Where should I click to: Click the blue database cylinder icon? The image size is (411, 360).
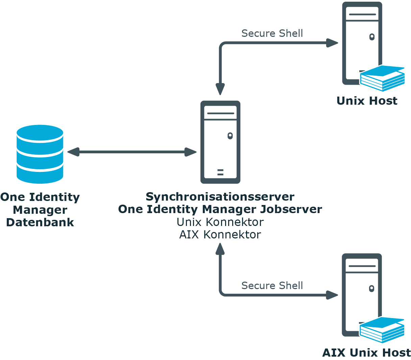[40, 154]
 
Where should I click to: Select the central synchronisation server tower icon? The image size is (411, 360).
[220, 142]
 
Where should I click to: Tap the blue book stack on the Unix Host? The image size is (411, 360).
[382, 78]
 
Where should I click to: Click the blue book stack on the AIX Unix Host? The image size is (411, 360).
[382, 330]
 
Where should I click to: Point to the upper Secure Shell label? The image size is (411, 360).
[272, 33]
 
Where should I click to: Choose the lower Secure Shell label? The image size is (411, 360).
[272, 286]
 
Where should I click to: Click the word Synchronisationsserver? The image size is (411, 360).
[220, 197]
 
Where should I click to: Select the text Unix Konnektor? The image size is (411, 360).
[220, 222]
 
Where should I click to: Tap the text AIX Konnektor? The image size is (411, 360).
[220, 234]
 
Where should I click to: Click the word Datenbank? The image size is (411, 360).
[40, 222]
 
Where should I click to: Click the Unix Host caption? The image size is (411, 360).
[367, 101]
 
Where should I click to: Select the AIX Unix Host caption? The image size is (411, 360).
[367, 353]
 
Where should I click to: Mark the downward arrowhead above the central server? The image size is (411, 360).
[220, 89]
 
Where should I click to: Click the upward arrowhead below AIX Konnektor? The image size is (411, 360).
[220, 249]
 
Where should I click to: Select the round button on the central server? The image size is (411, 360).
[230, 136]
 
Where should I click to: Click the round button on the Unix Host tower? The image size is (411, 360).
[372, 36]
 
